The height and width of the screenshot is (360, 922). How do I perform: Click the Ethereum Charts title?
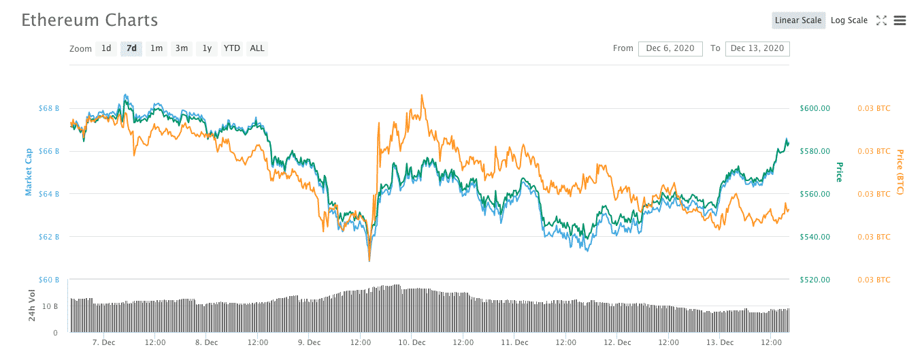pyautogui.click(x=90, y=20)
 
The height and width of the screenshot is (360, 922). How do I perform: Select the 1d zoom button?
pyautogui.click(x=106, y=48)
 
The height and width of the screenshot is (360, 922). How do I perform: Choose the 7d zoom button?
pyautogui.click(x=131, y=48)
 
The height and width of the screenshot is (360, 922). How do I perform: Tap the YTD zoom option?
pyautogui.click(x=232, y=48)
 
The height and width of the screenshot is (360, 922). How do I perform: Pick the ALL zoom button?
pyautogui.click(x=257, y=48)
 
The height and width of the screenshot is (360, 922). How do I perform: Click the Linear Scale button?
pyautogui.click(x=798, y=20)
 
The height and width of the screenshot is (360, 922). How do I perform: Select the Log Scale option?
pyautogui.click(x=849, y=20)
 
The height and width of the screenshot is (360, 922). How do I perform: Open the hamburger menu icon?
pyautogui.click(x=900, y=20)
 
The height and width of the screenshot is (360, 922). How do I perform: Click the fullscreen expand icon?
pyautogui.click(x=881, y=20)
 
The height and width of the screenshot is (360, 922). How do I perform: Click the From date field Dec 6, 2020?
pyautogui.click(x=670, y=48)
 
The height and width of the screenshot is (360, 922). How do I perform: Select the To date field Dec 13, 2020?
pyautogui.click(x=757, y=48)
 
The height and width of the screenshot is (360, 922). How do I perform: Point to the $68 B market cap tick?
pyautogui.click(x=49, y=108)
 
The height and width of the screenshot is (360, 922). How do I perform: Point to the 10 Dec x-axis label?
pyautogui.click(x=412, y=342)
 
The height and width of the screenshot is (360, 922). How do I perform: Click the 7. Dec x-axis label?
pyautogui.click(x=103, y=342)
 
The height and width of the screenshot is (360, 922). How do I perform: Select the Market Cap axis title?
pyautogui.click(x=29, y=173)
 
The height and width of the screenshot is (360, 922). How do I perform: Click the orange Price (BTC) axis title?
pyautogui.click(x=900, y=172)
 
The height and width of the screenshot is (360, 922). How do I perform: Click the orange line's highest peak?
pyautogui.click(x=423, y=96)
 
